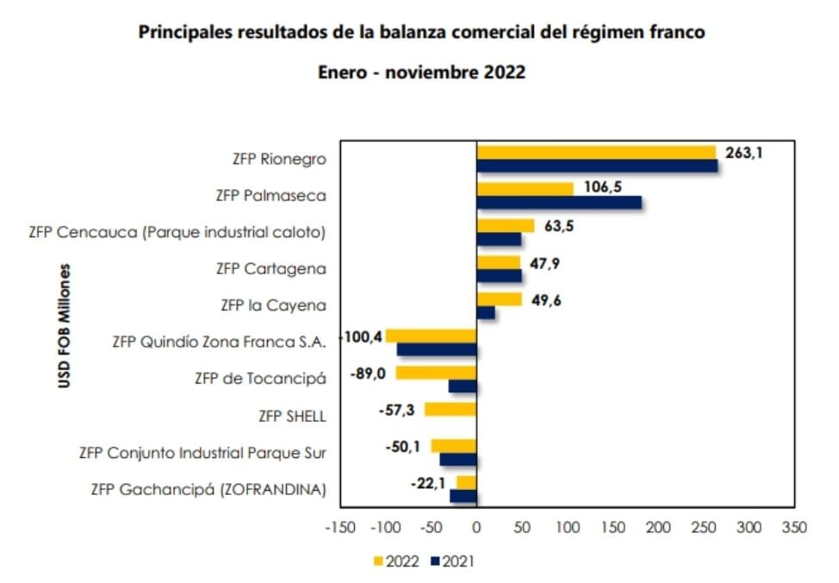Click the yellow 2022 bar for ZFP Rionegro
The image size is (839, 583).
tap(596, 152)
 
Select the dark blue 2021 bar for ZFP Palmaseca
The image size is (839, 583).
tap(559, 203)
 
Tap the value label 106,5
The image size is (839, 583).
tap(604, 188)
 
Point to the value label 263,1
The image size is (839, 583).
tap(746, 153)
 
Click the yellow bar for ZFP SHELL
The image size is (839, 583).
tap(451, 410)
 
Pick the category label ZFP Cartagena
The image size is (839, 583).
tap(270, 268)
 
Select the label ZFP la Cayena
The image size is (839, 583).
tap(273, 304)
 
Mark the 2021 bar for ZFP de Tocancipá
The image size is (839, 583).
tap(463, 387)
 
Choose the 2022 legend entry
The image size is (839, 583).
tap(395, 561)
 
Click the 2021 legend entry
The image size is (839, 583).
tap(451, 561)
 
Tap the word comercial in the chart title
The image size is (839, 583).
tap(494, 32)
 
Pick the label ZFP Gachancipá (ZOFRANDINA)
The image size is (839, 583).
tap(208, 489)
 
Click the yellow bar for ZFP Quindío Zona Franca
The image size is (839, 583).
tap(432, 335)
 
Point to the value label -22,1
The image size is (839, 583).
tap(428, 484)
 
